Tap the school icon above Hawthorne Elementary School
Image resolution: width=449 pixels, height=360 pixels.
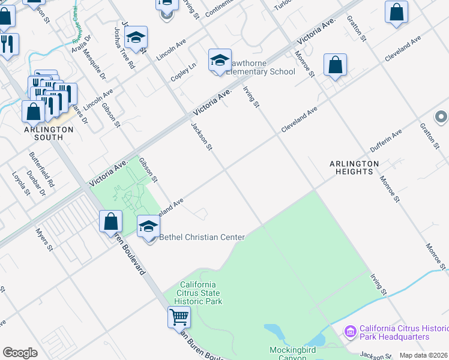point(220,61)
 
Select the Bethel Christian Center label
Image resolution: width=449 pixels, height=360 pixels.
point(202,238)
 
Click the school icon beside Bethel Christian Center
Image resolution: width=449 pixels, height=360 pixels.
point(148,227)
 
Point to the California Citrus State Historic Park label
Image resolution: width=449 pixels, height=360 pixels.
point(200,293)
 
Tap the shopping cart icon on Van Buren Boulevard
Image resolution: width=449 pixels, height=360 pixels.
point(179,317)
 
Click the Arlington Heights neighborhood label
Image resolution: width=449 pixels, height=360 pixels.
point(354,167)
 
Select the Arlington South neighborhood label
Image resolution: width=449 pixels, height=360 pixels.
point(48,133)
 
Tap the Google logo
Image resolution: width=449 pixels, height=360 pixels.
point(20,353)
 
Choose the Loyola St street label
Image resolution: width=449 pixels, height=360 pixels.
point(21,184)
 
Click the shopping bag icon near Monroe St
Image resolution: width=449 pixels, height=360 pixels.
point(335,66)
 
